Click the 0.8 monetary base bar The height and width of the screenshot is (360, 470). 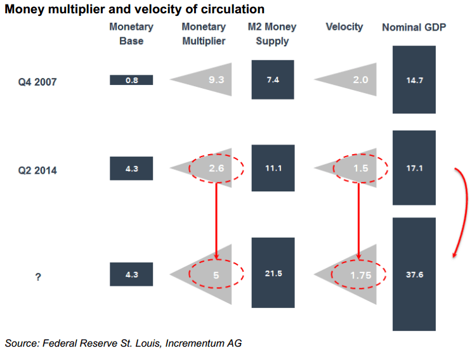tap(131, 80)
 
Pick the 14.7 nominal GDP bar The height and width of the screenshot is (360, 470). tap(414, 80)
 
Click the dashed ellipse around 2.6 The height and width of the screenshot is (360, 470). tap(217, 169)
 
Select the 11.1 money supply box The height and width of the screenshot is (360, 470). tap(273, 169)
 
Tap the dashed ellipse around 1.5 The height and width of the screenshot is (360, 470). tap(360, 169)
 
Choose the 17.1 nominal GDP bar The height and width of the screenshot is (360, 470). tap(414, 169)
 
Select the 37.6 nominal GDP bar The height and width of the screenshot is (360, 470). tap(414, 274)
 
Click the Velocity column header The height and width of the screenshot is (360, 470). tap(344, 27)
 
